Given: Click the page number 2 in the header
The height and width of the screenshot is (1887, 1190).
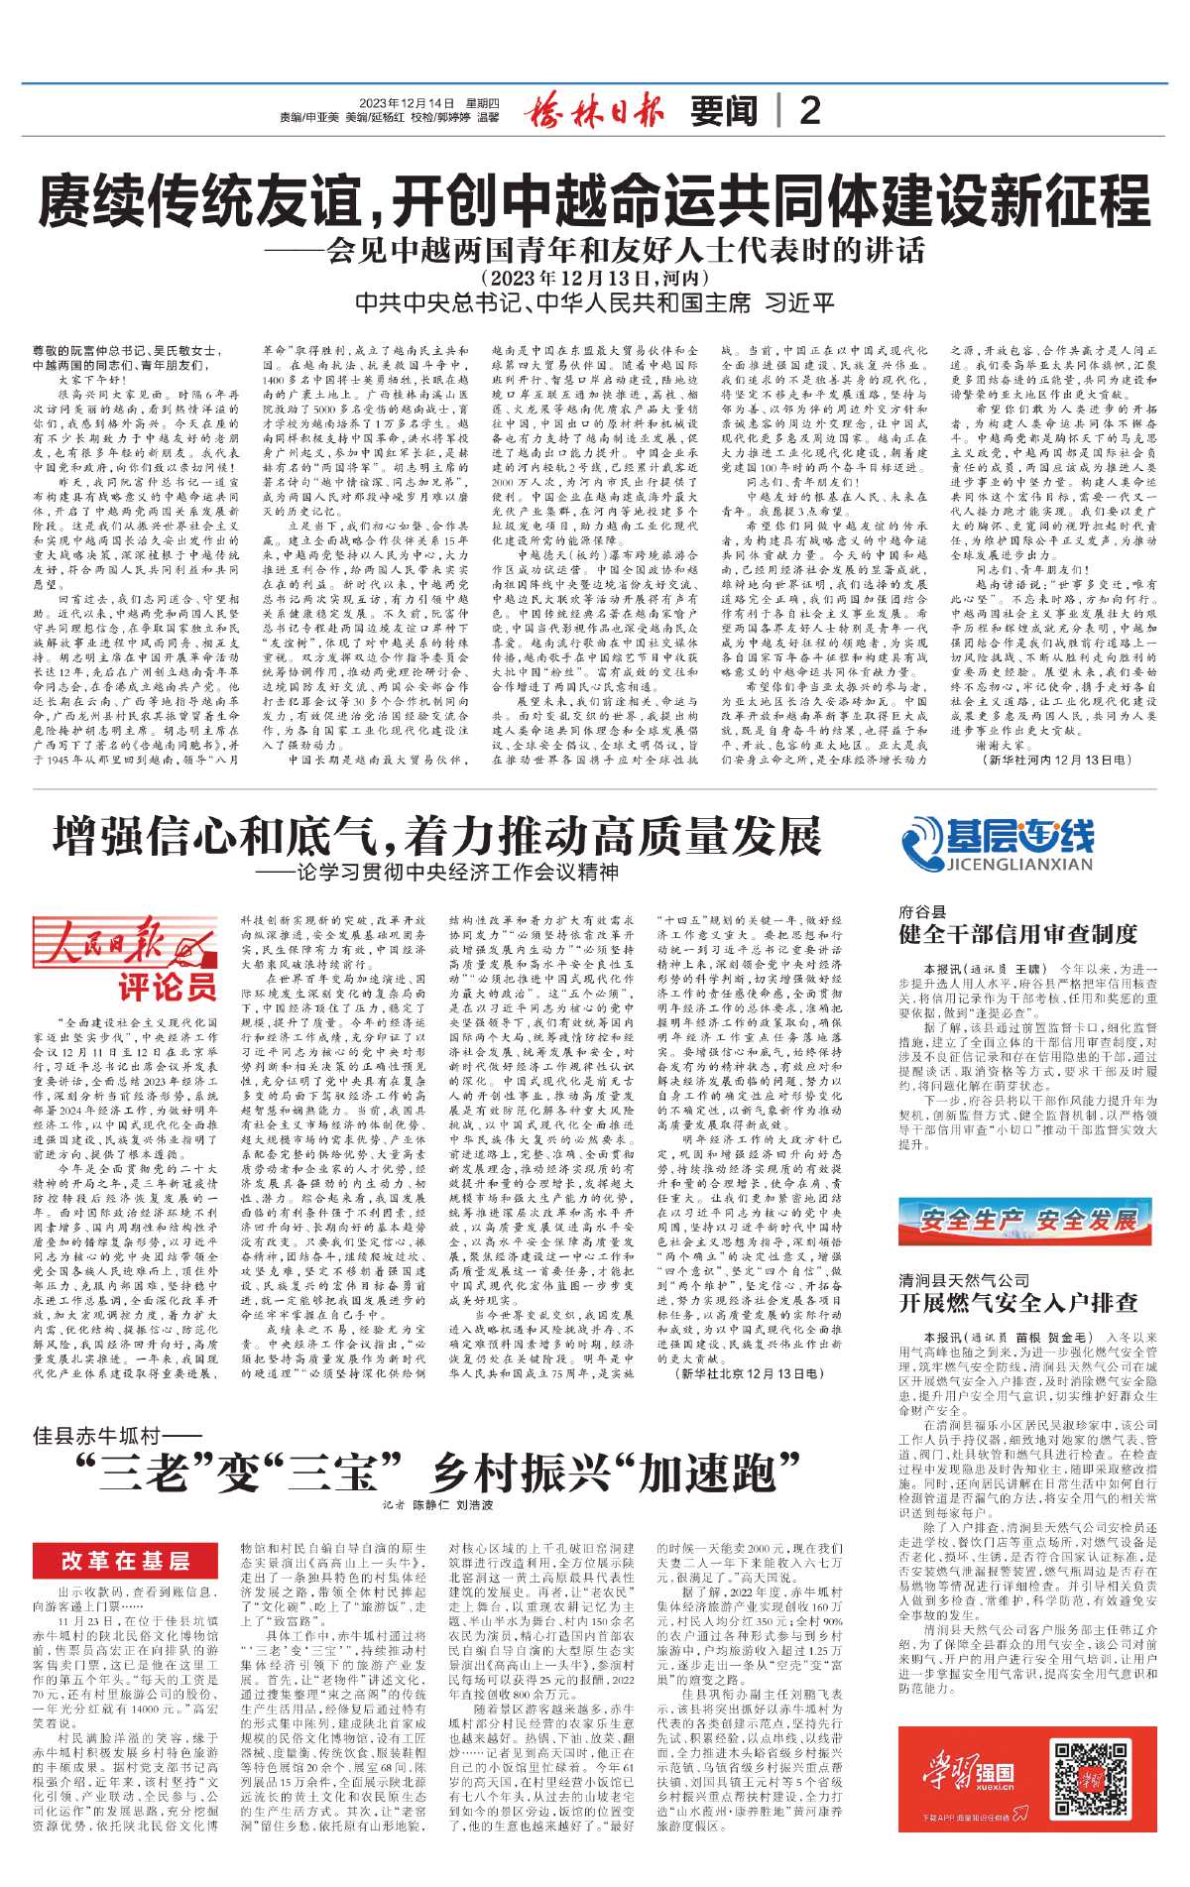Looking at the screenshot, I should [809, 111].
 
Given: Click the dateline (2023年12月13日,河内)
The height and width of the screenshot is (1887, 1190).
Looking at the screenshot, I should [594, 278].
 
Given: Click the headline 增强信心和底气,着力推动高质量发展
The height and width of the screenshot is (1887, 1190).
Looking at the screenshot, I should [437, 836].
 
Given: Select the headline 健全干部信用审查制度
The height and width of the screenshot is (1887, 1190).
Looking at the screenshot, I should [1017, 934].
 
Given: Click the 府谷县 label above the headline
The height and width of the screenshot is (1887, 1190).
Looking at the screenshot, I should [922, 911].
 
